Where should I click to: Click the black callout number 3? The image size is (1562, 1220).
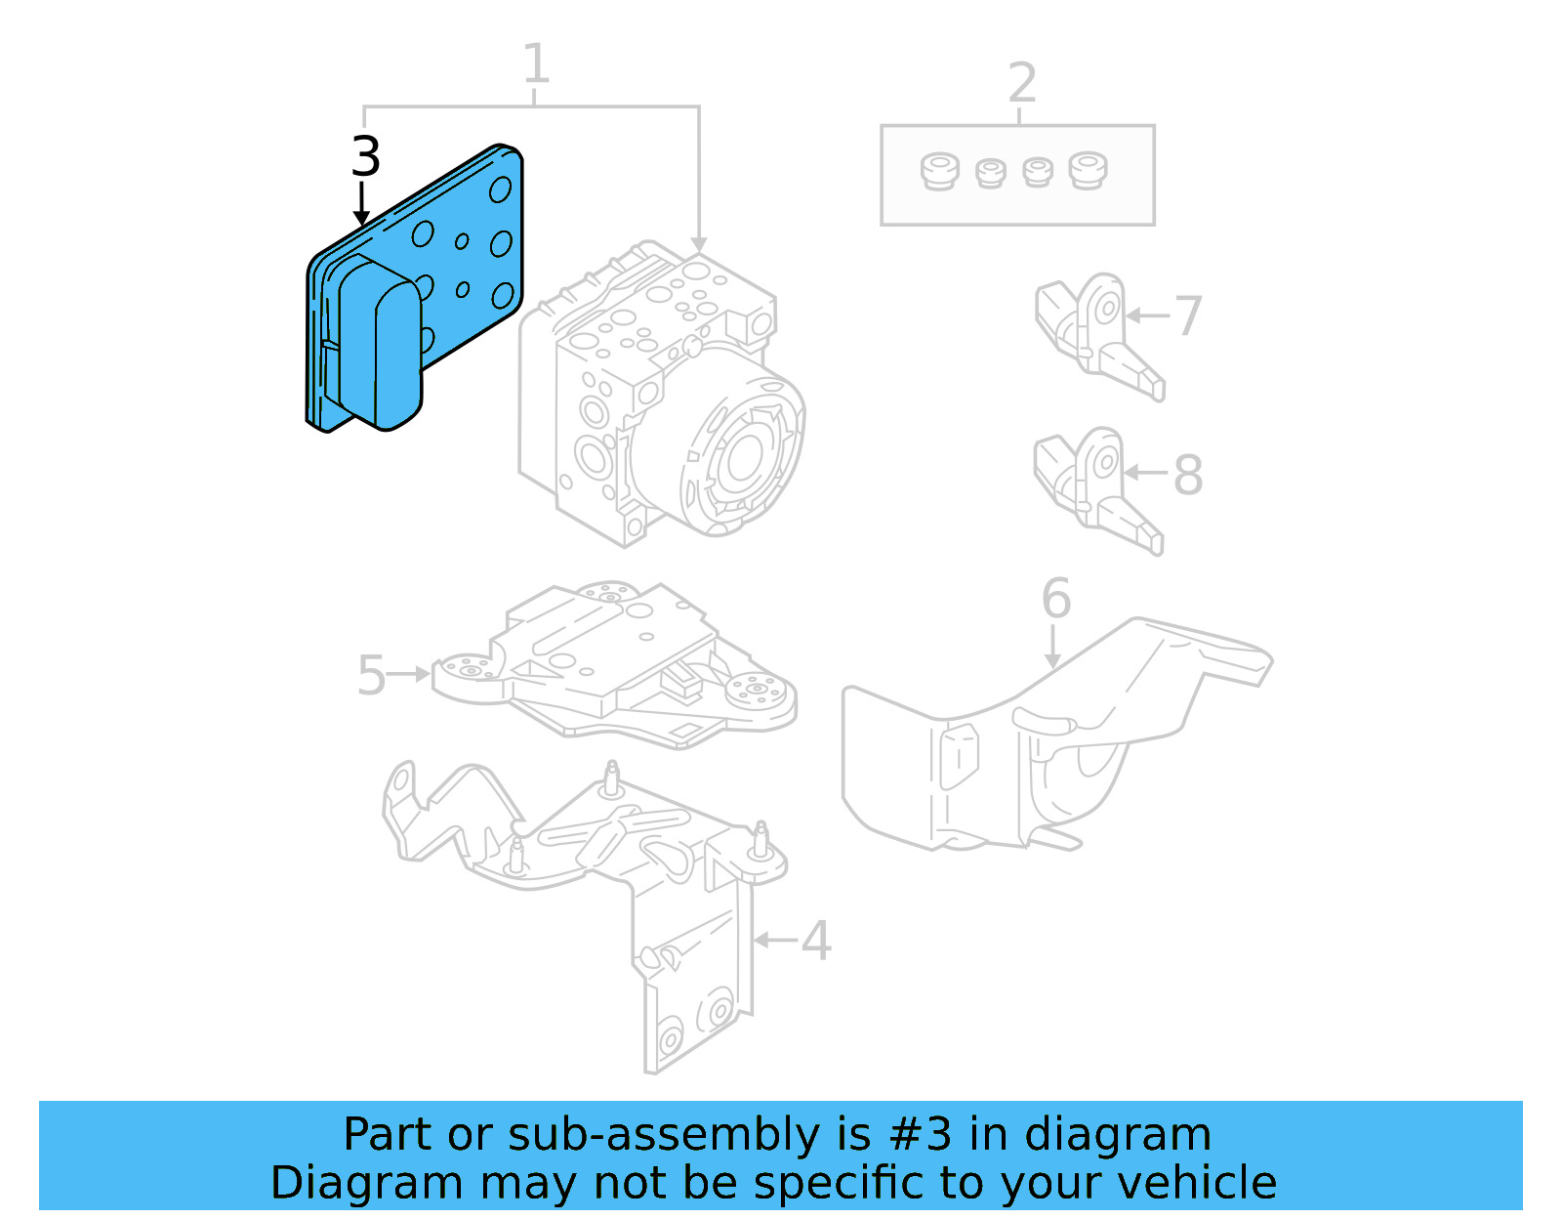pyautogui.click(x=365, y=157)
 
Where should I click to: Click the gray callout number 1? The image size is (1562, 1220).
pyautogui.click(x=536, y=64)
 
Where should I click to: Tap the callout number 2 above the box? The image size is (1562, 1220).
pyautogui.click(x=1021, y=83)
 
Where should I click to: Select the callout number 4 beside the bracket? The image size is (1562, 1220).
pyautogui.click(x=816, y=941)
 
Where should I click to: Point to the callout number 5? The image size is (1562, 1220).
pyautogui.click(x=371, y=675)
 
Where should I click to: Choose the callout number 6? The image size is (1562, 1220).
pyautogui.click(x=1055, y=598)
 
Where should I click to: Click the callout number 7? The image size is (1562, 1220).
pyautogui.click(x=1187, y=316)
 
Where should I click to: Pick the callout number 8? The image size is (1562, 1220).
pyautogui.click(x=1187, y=475)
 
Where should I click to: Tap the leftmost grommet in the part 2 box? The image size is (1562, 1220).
pyautogui.click(x=939, y=172)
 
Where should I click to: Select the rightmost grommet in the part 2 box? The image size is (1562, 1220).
pyautogui.click(x=1087, y=170)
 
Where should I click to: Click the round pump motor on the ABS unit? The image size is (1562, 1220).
pyautogui.click(x=742, y=454)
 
